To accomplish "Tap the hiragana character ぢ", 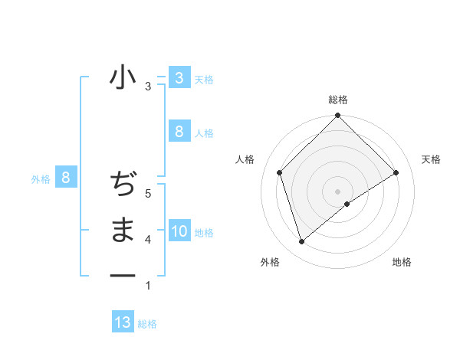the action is point(123,185).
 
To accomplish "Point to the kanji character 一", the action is point(123,275).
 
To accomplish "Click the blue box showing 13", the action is point(123,322).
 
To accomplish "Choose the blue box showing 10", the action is point(179,231).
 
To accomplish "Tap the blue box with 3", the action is point(179,77).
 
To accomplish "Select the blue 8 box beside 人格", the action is point(179,131).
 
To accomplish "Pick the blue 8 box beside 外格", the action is point(66,178).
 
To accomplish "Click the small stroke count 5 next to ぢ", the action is point(148,194).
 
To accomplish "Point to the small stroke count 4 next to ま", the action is point(148,240).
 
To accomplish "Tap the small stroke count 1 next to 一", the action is point(148,286).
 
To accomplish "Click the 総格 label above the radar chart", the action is point(337,100).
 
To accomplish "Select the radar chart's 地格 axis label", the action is point(402,262).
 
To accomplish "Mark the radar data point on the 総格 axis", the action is point(337,116).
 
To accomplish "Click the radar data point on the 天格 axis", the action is point(396,172).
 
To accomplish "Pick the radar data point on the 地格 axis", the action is point(347,204).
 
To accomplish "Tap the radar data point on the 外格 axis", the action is point(301,241).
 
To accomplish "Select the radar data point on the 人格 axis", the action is point(280,172).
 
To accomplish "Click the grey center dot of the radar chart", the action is point(337,191).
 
